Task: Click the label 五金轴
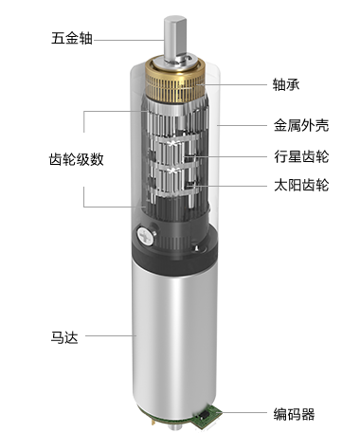click(x=72, y=38)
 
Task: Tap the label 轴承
click(x=286, y=84)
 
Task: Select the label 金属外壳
click(x=301, y=125)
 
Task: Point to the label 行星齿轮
click(x=301, y=156)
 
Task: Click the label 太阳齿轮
click(x=301, y=185)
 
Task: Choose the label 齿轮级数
click(x=77, y=159)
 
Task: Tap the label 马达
click(x=64, y=337)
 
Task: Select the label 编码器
click(x=294, y=414)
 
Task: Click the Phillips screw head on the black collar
click(x=145, y=236)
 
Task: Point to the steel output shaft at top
click(x=174, y=40)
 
